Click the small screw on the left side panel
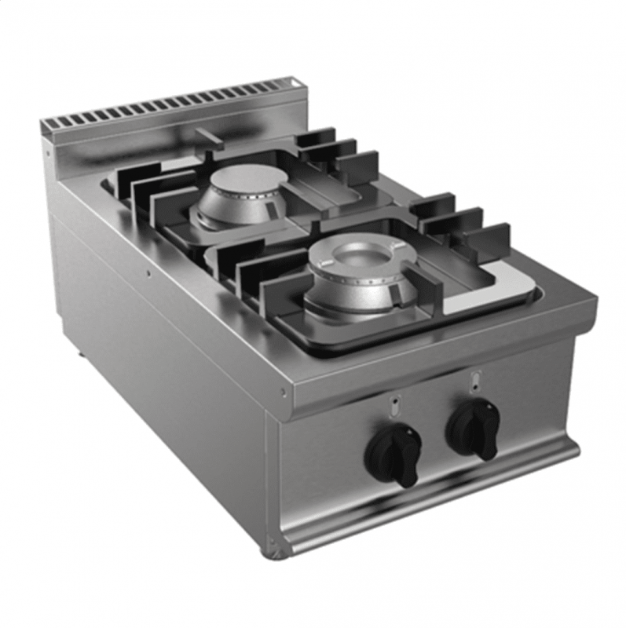(148, 274)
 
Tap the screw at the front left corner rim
(284, 392)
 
